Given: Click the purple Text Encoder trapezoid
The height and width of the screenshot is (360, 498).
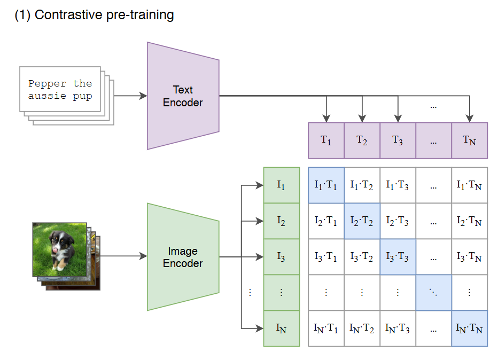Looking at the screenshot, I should (x=183, y=96).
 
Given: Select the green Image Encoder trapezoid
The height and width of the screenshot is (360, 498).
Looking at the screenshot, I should (x=183, y=257).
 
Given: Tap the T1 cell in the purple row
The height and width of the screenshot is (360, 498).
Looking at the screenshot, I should (x=326, y=140).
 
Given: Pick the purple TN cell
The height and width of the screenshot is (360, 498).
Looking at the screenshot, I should (x=470, y=140).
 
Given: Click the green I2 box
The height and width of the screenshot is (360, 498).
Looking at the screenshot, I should (x=281, y=221).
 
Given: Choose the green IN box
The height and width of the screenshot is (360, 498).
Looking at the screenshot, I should (x=281, y=328).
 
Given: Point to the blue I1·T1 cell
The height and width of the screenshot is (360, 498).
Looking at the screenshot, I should (x=326, y=185).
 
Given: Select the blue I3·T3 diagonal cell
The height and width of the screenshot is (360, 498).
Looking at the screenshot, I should (x=398, y=257).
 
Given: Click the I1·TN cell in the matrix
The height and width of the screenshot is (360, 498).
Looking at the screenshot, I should (x=470, y=185).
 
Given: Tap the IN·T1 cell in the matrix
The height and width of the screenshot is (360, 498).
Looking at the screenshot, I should (x=326, y=328).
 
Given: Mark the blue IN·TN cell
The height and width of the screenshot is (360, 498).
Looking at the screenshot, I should (x=470, y=328).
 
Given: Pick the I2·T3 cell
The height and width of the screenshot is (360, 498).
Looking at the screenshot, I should (x=398, y=221).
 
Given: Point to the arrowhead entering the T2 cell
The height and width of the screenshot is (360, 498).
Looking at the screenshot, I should (x=362, y=119).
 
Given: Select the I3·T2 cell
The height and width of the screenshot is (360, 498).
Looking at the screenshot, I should (x=362, y=257).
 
